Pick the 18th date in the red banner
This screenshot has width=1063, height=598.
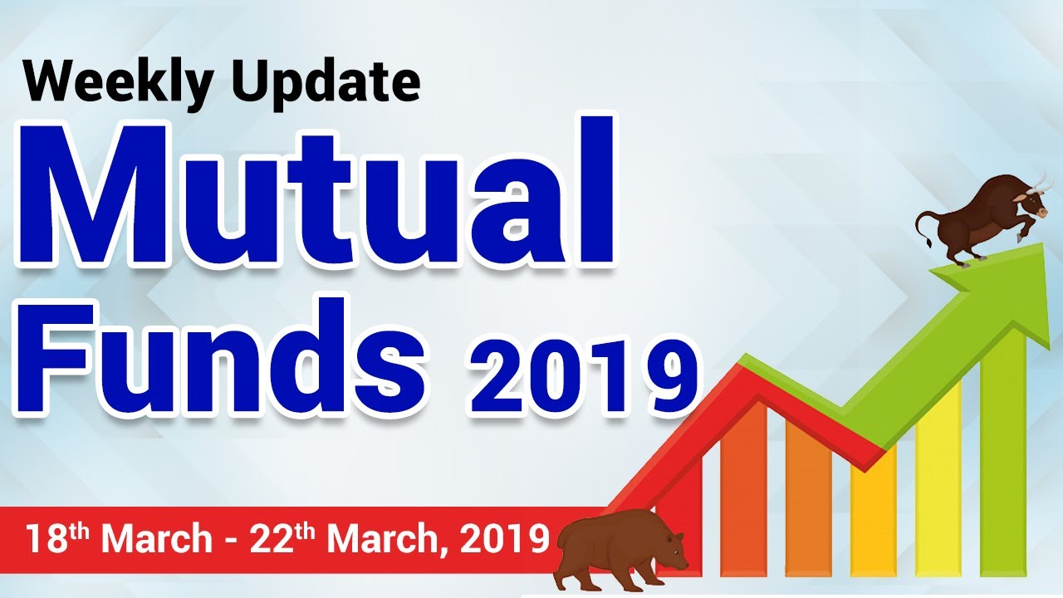pos(58,538)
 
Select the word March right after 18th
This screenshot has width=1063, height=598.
pos(157,540)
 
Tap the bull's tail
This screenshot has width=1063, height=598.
pos(923,228)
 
